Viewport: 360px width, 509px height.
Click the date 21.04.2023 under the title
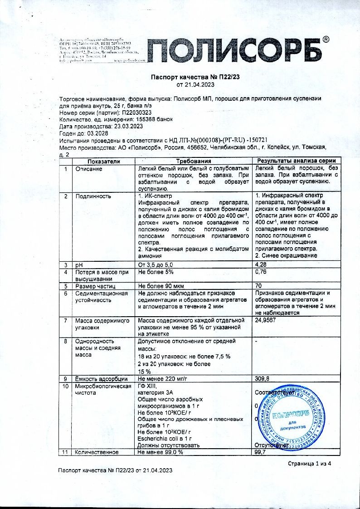coord(195,84)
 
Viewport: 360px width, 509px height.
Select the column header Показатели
coord(104,161)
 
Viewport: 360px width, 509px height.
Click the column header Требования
coord(194,161)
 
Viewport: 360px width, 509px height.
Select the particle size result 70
coord(258,286)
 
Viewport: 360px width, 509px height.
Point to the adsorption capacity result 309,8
coord(263,378)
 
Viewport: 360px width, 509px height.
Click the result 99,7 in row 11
coord(260,452)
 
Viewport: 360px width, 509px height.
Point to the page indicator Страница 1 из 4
coord(310,463)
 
